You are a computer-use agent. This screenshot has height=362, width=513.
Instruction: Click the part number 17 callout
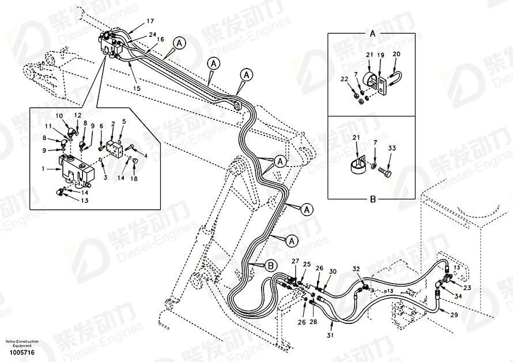click(x=134, y=21)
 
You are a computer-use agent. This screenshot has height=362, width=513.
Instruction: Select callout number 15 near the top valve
click(x=137, y=88)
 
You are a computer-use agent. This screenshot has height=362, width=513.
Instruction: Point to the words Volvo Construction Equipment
click(x=23, y=344)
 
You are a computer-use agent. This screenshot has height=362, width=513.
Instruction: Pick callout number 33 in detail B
click(x=392, y=148)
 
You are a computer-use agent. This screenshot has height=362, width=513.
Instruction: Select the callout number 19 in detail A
click(x=381, y=56)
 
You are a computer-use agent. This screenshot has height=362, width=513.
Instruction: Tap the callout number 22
click(x=344, y=79)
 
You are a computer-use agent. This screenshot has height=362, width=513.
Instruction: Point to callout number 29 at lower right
click(x=454, y=315)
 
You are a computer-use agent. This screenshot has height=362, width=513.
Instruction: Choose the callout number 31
click(x=330, y=336)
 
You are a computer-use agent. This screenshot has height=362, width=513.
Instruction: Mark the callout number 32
click(x=356, y=269)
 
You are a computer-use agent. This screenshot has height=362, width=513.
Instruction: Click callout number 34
click(x=458, y=296)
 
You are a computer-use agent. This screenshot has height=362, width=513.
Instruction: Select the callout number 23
click(x=467, y=288)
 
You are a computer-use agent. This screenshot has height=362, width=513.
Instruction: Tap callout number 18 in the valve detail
click(x=134, y=180)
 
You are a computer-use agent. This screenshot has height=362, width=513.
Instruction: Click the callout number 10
click(x=59, y=116)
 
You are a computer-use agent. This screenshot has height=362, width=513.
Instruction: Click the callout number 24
click(x=152, y=35)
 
